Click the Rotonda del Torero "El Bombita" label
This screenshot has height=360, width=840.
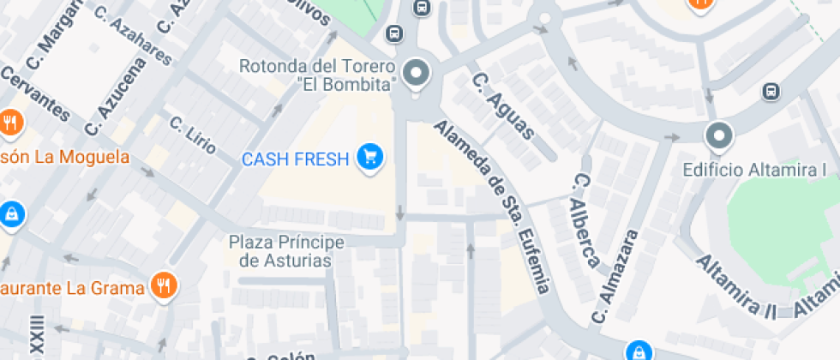[316, 75]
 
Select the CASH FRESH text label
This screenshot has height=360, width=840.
[296, 159]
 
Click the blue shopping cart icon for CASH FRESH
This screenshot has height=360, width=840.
[370, 157]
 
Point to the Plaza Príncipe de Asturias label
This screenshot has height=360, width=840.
[286, 251]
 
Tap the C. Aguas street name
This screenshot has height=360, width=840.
[504, 105]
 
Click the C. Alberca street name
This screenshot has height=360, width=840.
[585, 220]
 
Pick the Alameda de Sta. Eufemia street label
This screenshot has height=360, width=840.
[493, 206]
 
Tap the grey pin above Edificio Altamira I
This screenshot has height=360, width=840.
[719, 135]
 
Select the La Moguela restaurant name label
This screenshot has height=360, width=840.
[64, 157]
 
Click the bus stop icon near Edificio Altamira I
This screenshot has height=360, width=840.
[771, 91]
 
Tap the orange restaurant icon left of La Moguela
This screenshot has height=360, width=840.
[10, 122]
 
